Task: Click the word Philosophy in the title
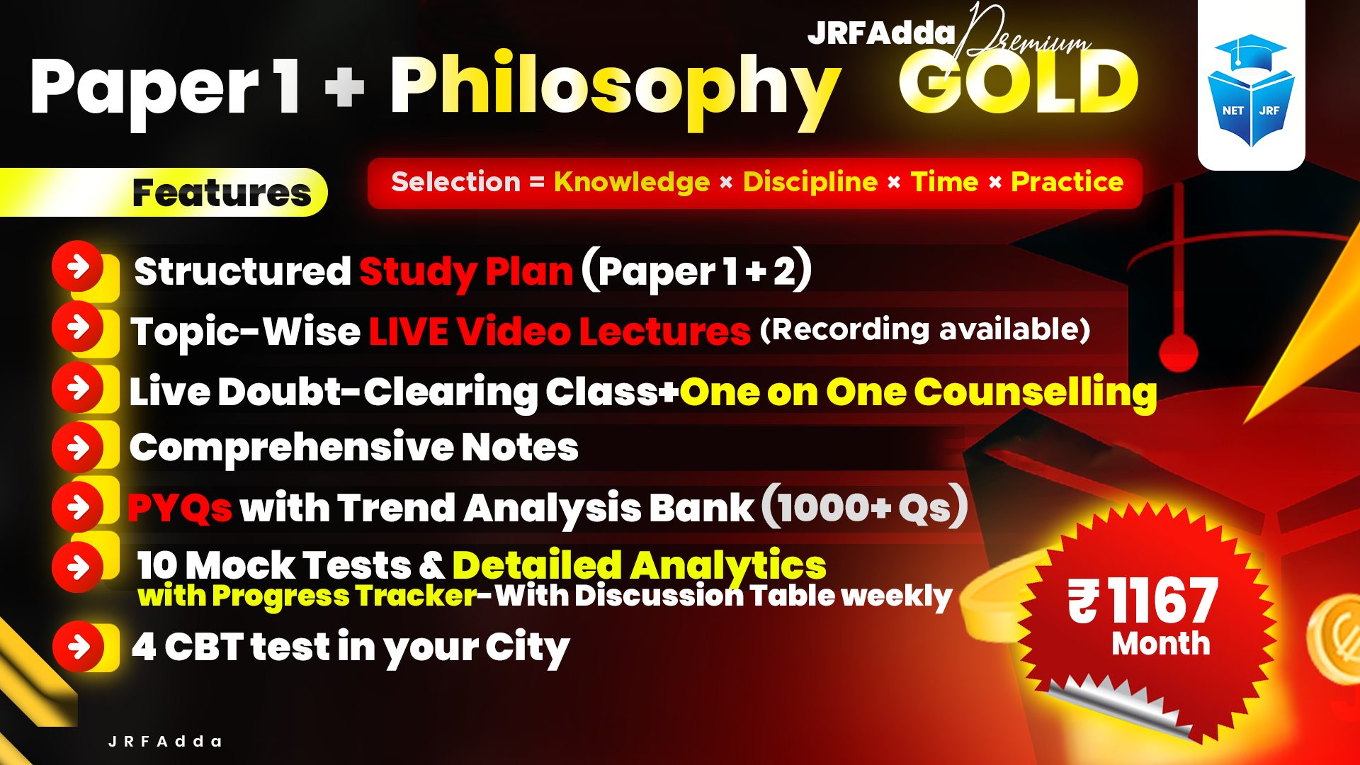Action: (x=615, y=89)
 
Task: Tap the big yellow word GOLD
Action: (x=1019, y=84)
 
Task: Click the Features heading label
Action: (x=222, y=193)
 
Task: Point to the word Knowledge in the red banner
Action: (x=632, y=182)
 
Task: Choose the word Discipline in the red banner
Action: (x=810, y=182)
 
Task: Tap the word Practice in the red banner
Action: (x=1067, y=182)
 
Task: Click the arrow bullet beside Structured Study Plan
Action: (x=78, y=266)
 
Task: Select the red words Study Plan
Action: (x=466, y=271)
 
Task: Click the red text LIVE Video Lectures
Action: (x=560, y=331)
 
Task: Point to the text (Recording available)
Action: (x=924, y=329)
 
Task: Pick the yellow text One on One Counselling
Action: (x=918, y=392)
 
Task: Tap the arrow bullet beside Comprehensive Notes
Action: (x=78, y=448)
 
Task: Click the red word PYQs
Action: (x=180, y=508)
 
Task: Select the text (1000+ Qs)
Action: (x=865, y=506)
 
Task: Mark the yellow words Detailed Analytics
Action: (x=639, y=565)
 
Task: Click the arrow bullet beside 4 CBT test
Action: (x=79, y=646)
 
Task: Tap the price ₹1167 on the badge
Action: (x=1143, y=601)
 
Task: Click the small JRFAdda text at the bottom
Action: (x=165, y=742)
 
